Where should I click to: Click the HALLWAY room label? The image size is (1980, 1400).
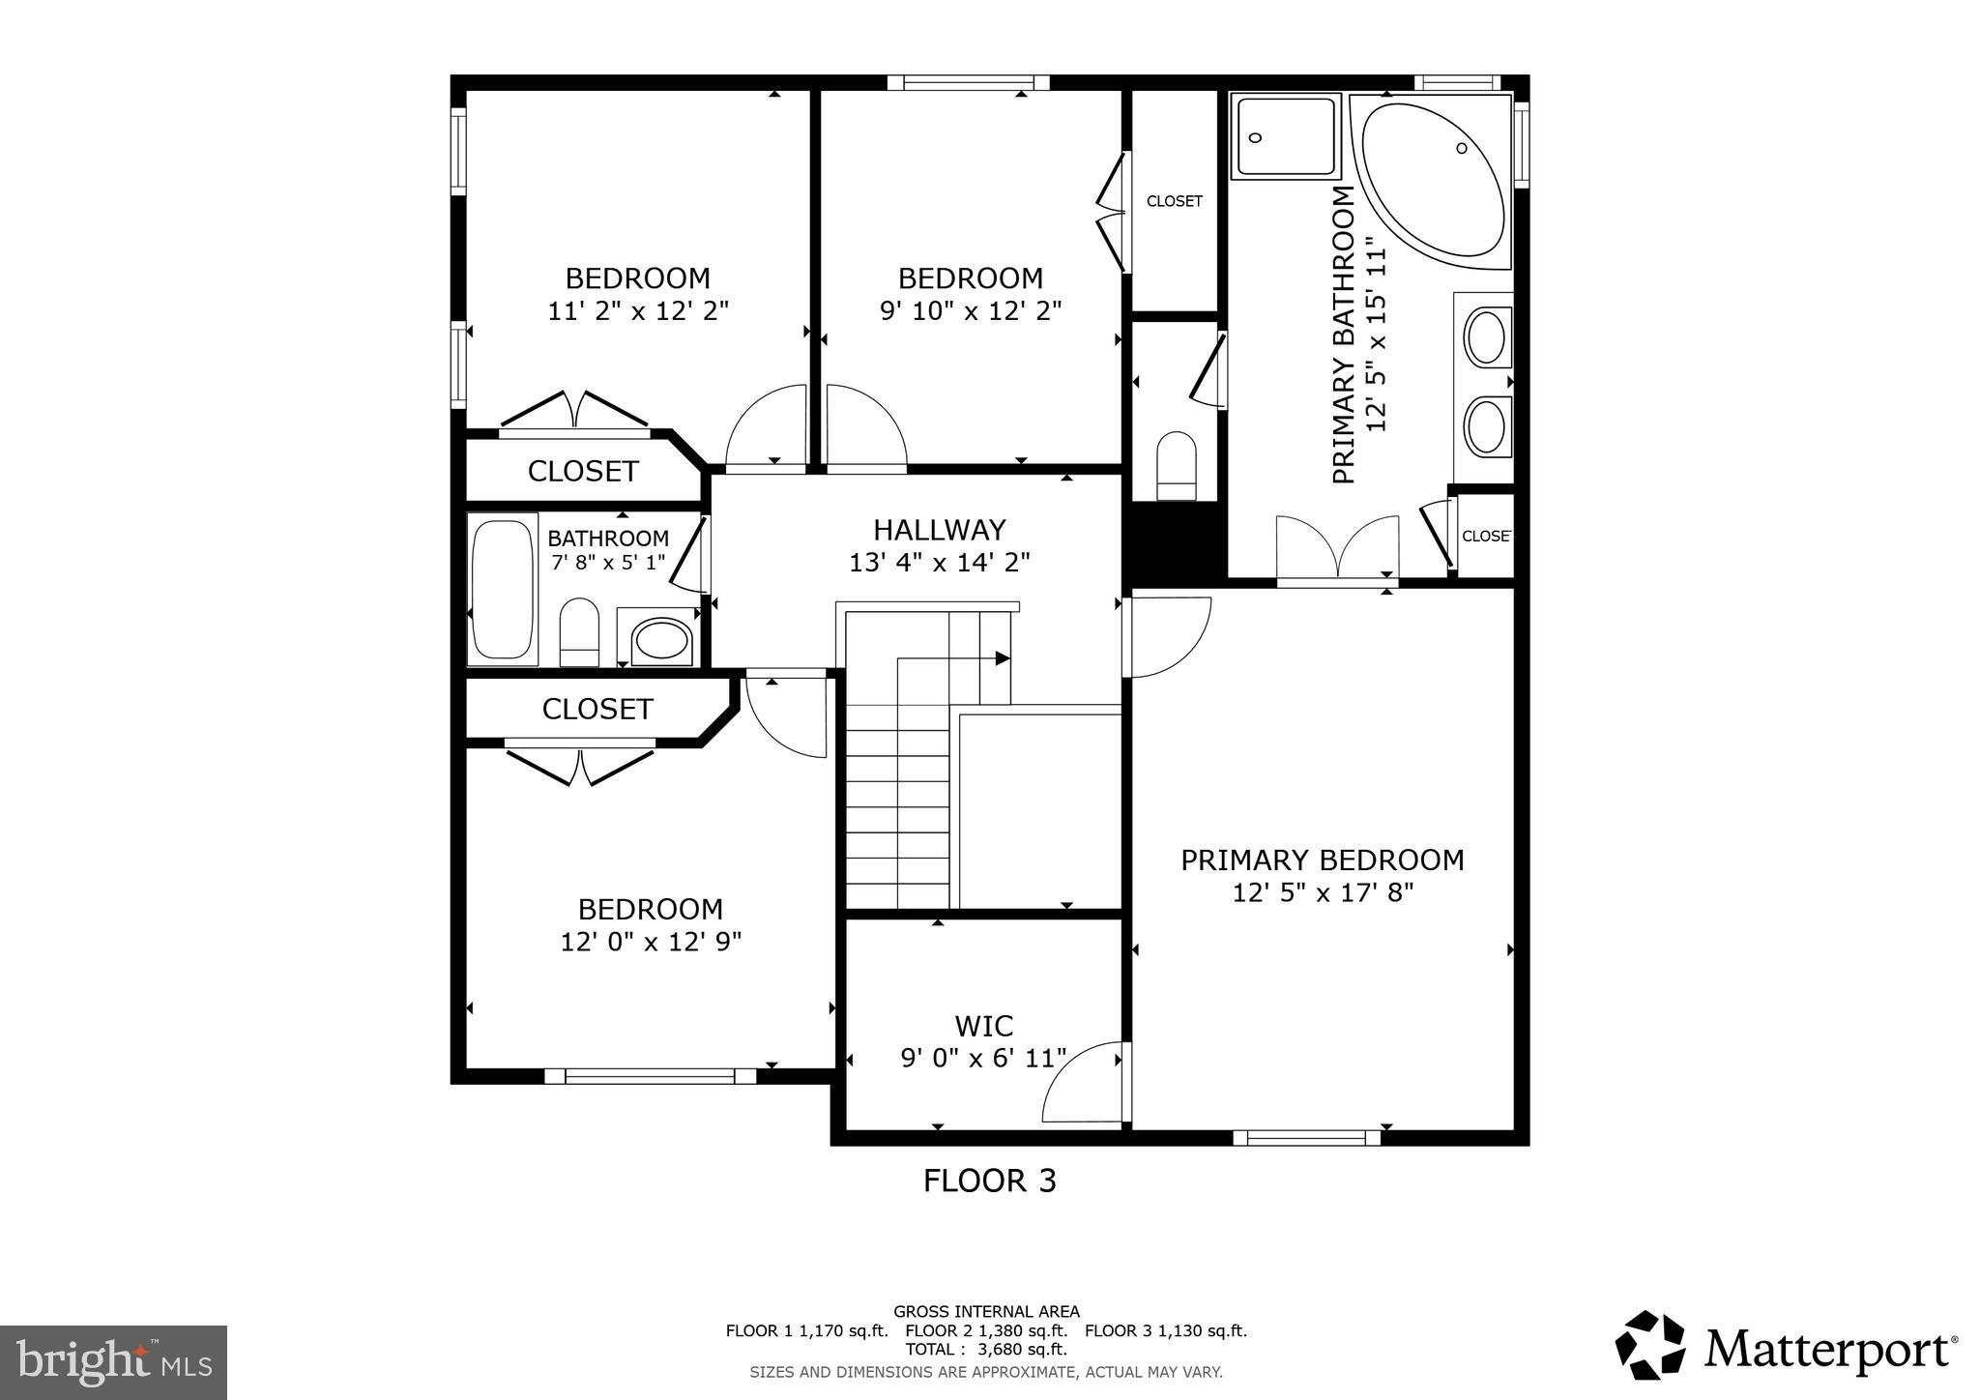[x=939, y=530]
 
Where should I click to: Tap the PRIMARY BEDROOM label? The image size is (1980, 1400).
[x=1322, y=860]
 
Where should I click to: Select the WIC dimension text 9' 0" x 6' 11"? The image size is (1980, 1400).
[x=983, y=1058]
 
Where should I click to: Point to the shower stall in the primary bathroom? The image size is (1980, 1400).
[x=1285, y=135]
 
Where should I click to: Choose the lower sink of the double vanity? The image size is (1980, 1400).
[x=1485, y=426]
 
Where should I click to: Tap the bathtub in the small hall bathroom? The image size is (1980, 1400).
[x=502, y=589]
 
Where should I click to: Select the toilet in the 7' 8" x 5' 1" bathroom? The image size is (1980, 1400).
[x=579, y=631]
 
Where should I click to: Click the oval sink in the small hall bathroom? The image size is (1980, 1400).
[x=660, y=639]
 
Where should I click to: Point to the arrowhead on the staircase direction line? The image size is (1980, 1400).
[x=1003, y=658]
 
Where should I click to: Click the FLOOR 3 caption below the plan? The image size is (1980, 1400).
[x=989, y=1181]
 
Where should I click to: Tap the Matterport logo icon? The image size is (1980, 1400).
[x=1649, y=1345]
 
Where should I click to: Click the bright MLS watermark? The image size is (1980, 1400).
[x=114, y=1362]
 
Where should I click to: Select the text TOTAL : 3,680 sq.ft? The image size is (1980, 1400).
[x=985, y=1349]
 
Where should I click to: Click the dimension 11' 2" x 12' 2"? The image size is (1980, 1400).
[x=637, y=311]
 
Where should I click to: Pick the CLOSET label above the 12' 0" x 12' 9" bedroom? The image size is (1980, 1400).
[x=597, y=709]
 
